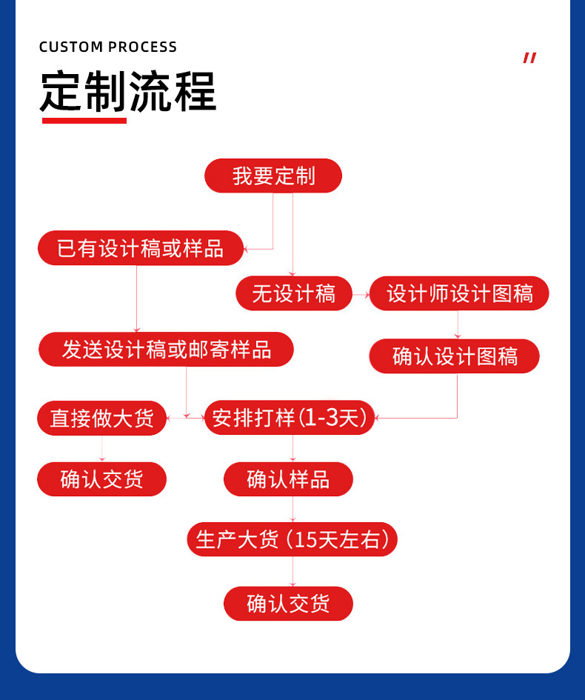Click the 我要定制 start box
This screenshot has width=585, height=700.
click(273, 176)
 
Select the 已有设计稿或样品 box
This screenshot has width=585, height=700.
click(141, 248)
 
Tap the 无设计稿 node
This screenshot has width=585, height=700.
click(293, 293)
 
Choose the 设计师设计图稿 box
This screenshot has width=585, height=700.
click(459, 293)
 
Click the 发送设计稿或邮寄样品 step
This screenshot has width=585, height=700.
click(166, 350)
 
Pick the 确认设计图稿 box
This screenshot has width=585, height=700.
click(455, 356)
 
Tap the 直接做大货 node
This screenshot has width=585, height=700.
click(102, 418)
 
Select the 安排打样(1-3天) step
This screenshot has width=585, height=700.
click(290, 418)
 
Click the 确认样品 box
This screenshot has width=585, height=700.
click(288, 479)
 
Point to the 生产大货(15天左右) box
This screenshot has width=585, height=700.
click(292, 539)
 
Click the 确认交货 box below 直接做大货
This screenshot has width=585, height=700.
click(102, 479)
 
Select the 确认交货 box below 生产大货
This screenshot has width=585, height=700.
click(288, 604)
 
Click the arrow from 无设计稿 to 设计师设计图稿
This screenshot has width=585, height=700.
click(360, 294)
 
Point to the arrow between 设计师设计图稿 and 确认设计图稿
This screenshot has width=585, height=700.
click(458, 325)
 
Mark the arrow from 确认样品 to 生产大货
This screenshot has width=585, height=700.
click(293, 510)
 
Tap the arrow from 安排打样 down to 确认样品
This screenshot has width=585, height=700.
click(293, 449)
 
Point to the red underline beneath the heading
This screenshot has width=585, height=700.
click(84, 120)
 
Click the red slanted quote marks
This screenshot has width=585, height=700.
click(529, 58)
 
